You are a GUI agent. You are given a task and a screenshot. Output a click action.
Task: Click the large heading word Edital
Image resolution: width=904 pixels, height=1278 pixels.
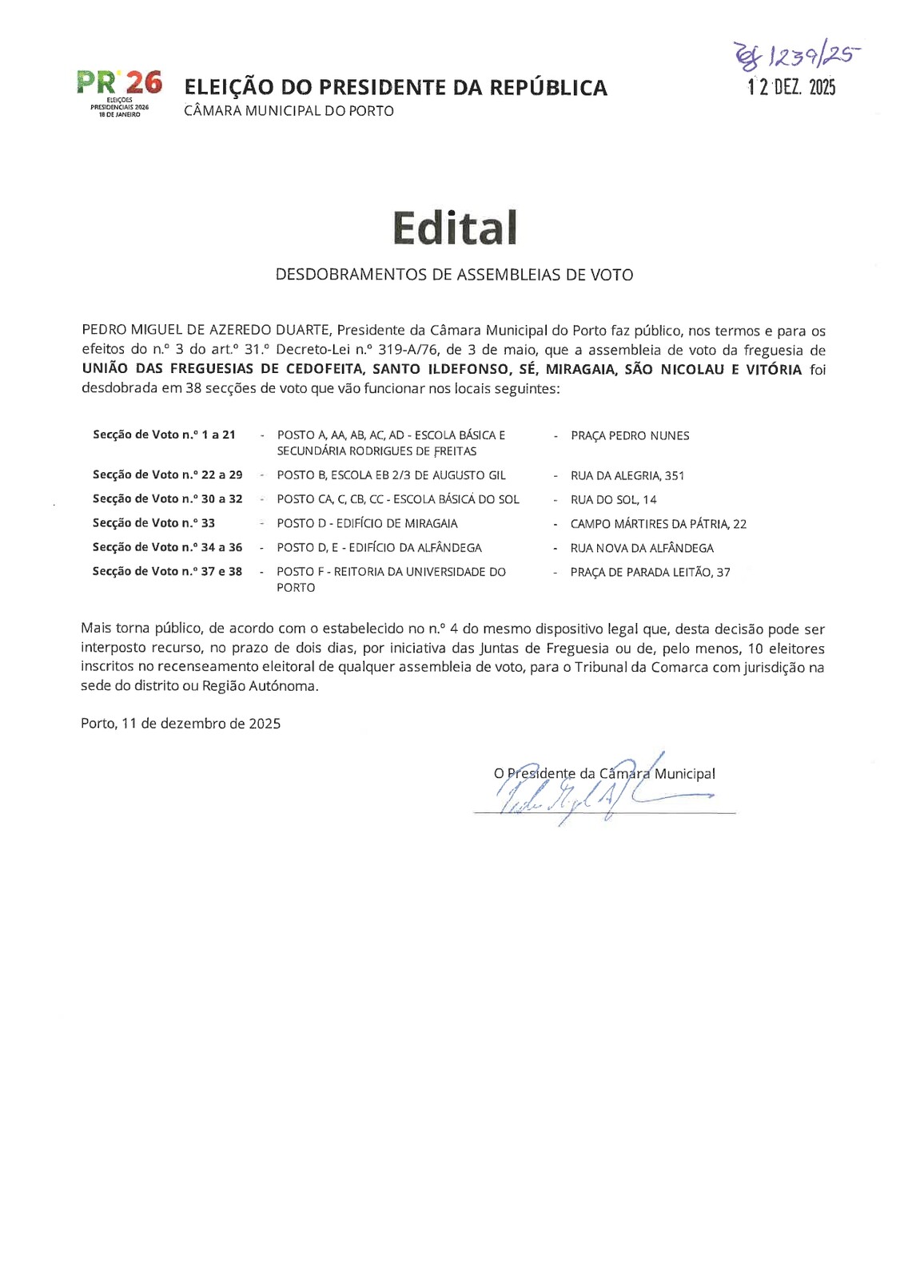(x=455, y=228)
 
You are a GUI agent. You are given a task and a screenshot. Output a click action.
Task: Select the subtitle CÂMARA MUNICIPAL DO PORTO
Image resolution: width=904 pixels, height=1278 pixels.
(x=289, y=111)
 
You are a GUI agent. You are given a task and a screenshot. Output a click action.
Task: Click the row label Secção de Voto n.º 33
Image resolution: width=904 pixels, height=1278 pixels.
(x=153, y=523)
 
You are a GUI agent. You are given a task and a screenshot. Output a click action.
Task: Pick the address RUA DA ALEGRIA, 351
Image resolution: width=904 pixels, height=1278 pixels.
(x=627, y=476)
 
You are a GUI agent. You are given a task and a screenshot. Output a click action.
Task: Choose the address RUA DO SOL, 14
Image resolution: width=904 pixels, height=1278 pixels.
(x=613, y=500)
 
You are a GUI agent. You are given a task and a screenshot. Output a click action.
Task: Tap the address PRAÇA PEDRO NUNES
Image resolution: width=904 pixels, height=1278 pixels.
(x=629, y=436)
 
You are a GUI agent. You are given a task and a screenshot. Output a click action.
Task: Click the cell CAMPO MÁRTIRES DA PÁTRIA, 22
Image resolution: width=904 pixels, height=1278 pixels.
(x=658, y=524)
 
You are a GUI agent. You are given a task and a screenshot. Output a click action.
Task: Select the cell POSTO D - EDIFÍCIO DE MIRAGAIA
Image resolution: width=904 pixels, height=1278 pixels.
(x=367, y=524)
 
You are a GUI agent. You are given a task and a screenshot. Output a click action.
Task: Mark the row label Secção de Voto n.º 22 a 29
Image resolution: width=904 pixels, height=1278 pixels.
(x=167, y=475)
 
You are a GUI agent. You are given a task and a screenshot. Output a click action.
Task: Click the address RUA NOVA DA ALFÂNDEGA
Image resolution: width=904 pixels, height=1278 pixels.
(x=642, y=548)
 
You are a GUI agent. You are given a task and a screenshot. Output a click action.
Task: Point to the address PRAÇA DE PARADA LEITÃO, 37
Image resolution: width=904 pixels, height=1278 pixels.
(x=650, y=573)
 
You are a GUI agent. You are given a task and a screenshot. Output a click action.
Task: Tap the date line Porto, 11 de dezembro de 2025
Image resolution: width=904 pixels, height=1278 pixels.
(x=181, y=724)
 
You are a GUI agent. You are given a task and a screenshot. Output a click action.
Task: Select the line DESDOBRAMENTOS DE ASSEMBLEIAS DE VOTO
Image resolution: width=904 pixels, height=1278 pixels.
(x=454, y=275)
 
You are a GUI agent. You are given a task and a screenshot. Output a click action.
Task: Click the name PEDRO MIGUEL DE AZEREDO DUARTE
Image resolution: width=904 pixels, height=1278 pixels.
(x=206, y=331)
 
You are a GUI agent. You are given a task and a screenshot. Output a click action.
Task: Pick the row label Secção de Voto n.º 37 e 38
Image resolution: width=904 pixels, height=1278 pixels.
(x=167, y=572)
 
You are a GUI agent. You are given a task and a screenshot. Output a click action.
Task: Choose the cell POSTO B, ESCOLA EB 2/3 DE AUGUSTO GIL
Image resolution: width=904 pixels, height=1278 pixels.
(x=391, y=475)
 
